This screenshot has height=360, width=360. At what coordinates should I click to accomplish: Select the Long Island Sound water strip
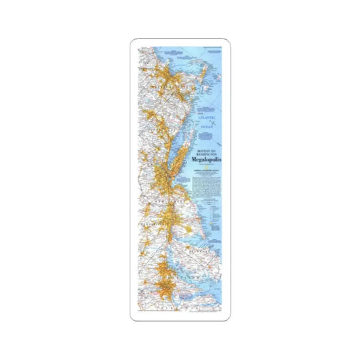pyautogui.click(x=173, y=145)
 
